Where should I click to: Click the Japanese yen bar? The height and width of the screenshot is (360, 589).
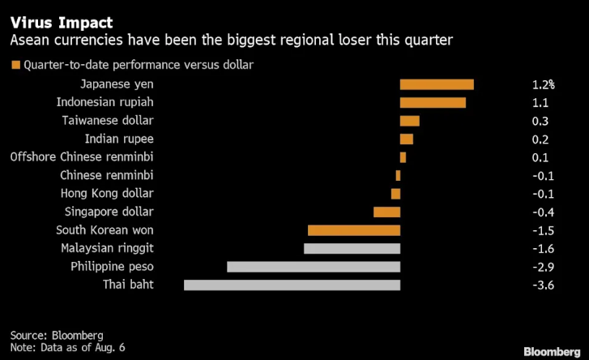[x=437, y=84]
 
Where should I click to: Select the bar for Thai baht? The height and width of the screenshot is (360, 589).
[x=292, y=285]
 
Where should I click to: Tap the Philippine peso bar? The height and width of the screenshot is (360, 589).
[x=314, y=267]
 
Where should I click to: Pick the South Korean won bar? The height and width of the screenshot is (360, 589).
[x=354, y=230]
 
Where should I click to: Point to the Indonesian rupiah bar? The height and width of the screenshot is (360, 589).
[x=433, y=103]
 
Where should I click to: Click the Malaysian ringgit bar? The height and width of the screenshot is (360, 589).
[x=352, y=248]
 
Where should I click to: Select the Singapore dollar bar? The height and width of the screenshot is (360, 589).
[x=387, y=212]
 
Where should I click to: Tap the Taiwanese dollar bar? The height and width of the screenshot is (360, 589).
[x=410, y=121]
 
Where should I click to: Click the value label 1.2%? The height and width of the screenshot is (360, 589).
[x=543, y=84]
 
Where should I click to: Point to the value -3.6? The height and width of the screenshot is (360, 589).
[x=543, y=285]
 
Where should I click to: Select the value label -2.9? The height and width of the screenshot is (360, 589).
[x=543, y=267]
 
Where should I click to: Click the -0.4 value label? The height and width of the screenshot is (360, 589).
[x=543, y=212]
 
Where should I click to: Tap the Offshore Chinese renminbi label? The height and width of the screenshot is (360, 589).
[x=82, y=156]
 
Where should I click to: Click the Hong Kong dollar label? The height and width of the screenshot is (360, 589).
[x=107, y=194]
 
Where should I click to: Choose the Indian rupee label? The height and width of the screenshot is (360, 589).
[x=119, y=139]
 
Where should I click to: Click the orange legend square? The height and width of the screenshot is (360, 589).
[x=15, y=65]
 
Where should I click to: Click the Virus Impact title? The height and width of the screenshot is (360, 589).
[x=62, y=23]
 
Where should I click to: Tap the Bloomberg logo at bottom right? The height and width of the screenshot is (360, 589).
[x=553, y=352]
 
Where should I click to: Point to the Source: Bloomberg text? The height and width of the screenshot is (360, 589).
[x=57, y=335]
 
